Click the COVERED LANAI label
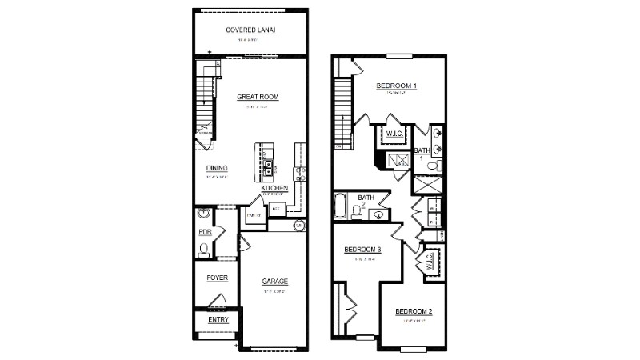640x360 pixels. click(250, 30)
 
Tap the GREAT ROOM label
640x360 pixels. click(258, 96)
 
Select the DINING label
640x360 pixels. click(217, 168)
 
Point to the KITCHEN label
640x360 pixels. click(274, 188)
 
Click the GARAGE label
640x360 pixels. click(274, 282)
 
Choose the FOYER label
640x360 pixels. click(218, 278)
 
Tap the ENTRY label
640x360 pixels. click(218, 320)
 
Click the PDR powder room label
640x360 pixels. click(204, 232)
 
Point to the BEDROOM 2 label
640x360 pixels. click(414, 311)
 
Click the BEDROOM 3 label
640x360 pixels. click(362, 250)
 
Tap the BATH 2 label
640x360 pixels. click(366, 200)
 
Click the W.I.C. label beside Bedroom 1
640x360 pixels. click(394, 134)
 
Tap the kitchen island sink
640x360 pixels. click(269, 166)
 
